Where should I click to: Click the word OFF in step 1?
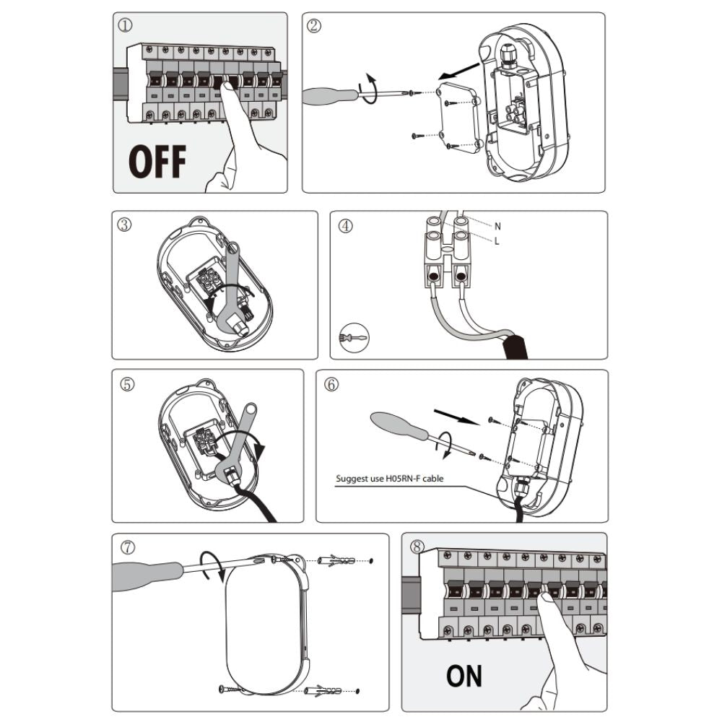(x=157, y=161)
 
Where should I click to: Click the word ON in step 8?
(x=464, y=676)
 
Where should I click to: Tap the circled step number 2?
(x=314, y=26)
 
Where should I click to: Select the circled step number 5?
(x=127, y=384)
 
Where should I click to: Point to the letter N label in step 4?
(x=497, y=226)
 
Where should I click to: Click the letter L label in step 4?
(x=497, y=241)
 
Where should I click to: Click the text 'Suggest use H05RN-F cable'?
(x=390, y=479)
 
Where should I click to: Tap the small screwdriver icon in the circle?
(x=354, y=337)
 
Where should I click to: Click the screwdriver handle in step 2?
(x=329, y=96)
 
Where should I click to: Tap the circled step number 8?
(x=417, y=547)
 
